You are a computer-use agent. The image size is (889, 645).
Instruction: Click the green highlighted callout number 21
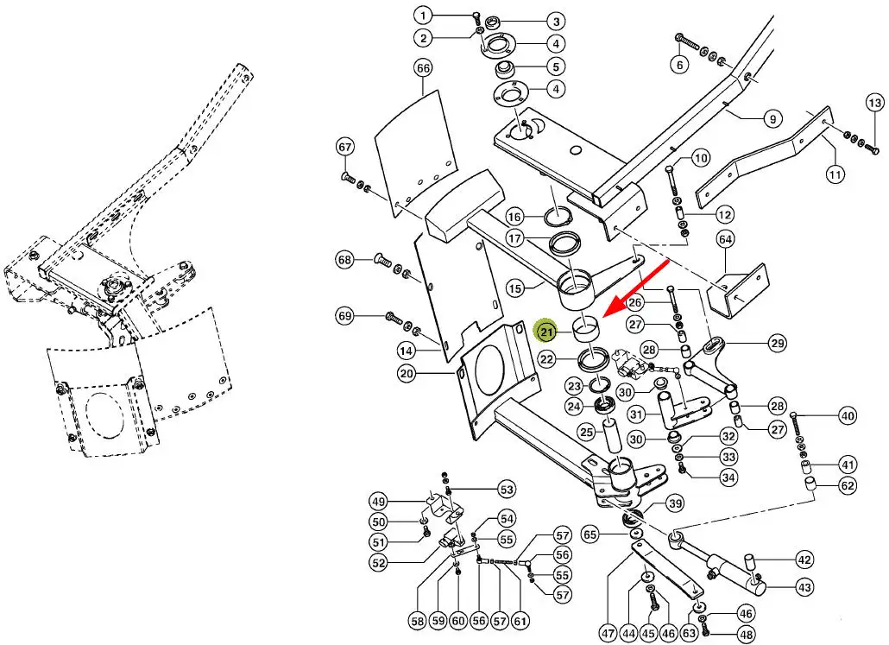pos(546,331)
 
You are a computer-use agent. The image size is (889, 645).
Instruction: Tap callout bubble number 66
pos(423,67)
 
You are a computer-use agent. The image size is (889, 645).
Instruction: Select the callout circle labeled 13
pos(873,104)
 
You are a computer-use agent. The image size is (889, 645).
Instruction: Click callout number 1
pos(423,16)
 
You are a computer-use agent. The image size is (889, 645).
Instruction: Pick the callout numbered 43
pos(804,587)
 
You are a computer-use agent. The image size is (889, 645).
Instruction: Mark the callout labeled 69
pos(345,317)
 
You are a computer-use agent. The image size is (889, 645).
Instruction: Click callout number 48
pos(746,635)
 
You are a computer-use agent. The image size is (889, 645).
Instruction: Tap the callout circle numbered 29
pos(778,343)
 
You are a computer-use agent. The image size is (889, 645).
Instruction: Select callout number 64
pos(725,238)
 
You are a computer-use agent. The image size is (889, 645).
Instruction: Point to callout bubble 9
pos(771,118)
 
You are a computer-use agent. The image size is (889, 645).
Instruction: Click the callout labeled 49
pos(378,502)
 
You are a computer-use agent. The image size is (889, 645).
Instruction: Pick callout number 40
pos(848,416)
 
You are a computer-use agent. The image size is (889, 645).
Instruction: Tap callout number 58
pos(418,620)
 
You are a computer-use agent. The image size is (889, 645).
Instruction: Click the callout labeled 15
pos(539,288)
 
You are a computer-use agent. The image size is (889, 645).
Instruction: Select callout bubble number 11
pos(835,175)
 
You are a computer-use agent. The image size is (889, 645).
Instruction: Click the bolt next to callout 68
pos(382,259)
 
